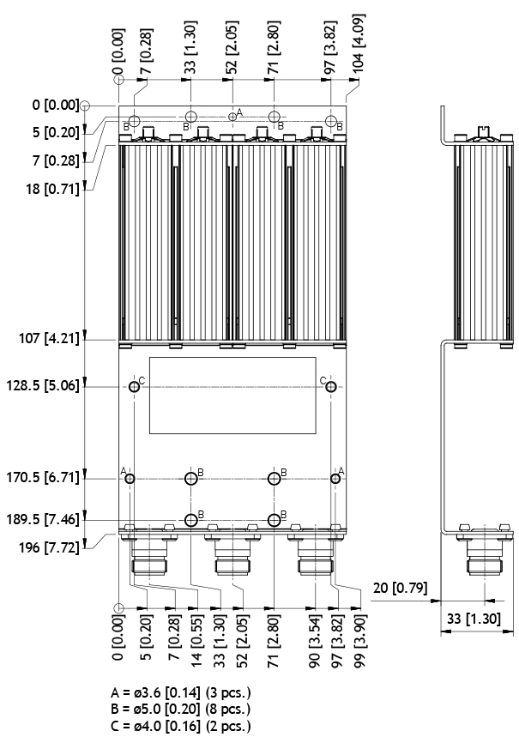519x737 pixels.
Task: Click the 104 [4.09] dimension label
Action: [359, 43]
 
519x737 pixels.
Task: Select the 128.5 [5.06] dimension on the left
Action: [43, 386]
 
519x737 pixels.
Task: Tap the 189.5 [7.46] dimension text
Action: [43, 519]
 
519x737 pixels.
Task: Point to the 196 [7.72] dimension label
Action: [49, 547]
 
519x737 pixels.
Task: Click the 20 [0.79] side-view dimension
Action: [400, 588]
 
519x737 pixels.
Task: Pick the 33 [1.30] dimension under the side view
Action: [474, 619]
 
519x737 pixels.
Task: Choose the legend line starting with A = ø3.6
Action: [180, 693]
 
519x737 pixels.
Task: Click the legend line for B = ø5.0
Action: [180, 710]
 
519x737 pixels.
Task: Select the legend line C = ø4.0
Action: [180, 726]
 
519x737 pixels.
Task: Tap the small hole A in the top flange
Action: [232, 116]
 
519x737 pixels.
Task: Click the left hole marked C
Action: [134, 387]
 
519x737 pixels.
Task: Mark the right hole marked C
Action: [331, 387]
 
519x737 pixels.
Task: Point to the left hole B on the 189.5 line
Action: [190, 520]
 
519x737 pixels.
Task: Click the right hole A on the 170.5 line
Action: [335, 479]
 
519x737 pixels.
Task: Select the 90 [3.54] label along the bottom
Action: [315, 640]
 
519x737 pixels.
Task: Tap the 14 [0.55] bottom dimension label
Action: [196, 640]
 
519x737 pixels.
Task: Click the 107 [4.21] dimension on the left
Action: [49, 338]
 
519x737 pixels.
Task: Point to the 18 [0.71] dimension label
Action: [52, 189]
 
